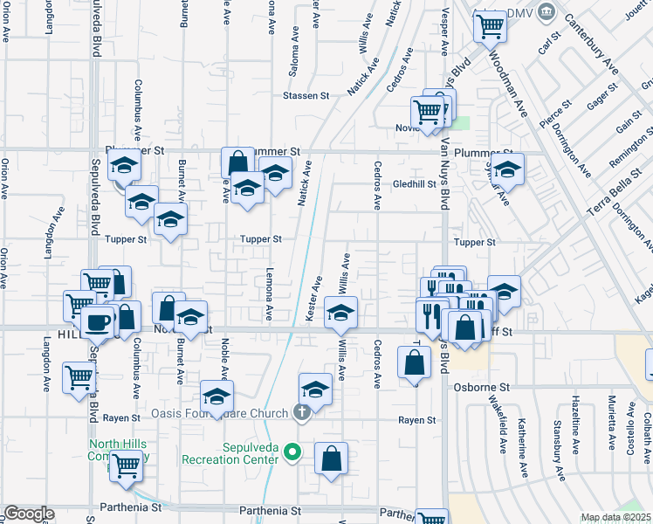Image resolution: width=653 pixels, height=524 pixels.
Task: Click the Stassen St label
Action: [x=304, y=96]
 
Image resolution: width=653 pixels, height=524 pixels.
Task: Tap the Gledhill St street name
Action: [x=414, y=185]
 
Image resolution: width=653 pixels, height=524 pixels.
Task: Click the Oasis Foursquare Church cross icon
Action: [x=301, y=413]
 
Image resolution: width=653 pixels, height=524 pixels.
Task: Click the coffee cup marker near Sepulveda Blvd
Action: [x=97, y=322]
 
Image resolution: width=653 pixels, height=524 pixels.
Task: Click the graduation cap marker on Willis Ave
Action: [x=340, y=314]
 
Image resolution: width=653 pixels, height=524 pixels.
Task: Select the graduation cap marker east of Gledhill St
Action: [x=506, y=169]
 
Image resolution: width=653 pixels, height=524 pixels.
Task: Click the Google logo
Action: [x=28, y=514]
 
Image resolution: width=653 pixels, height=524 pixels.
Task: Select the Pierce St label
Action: [x=554, y=115]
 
